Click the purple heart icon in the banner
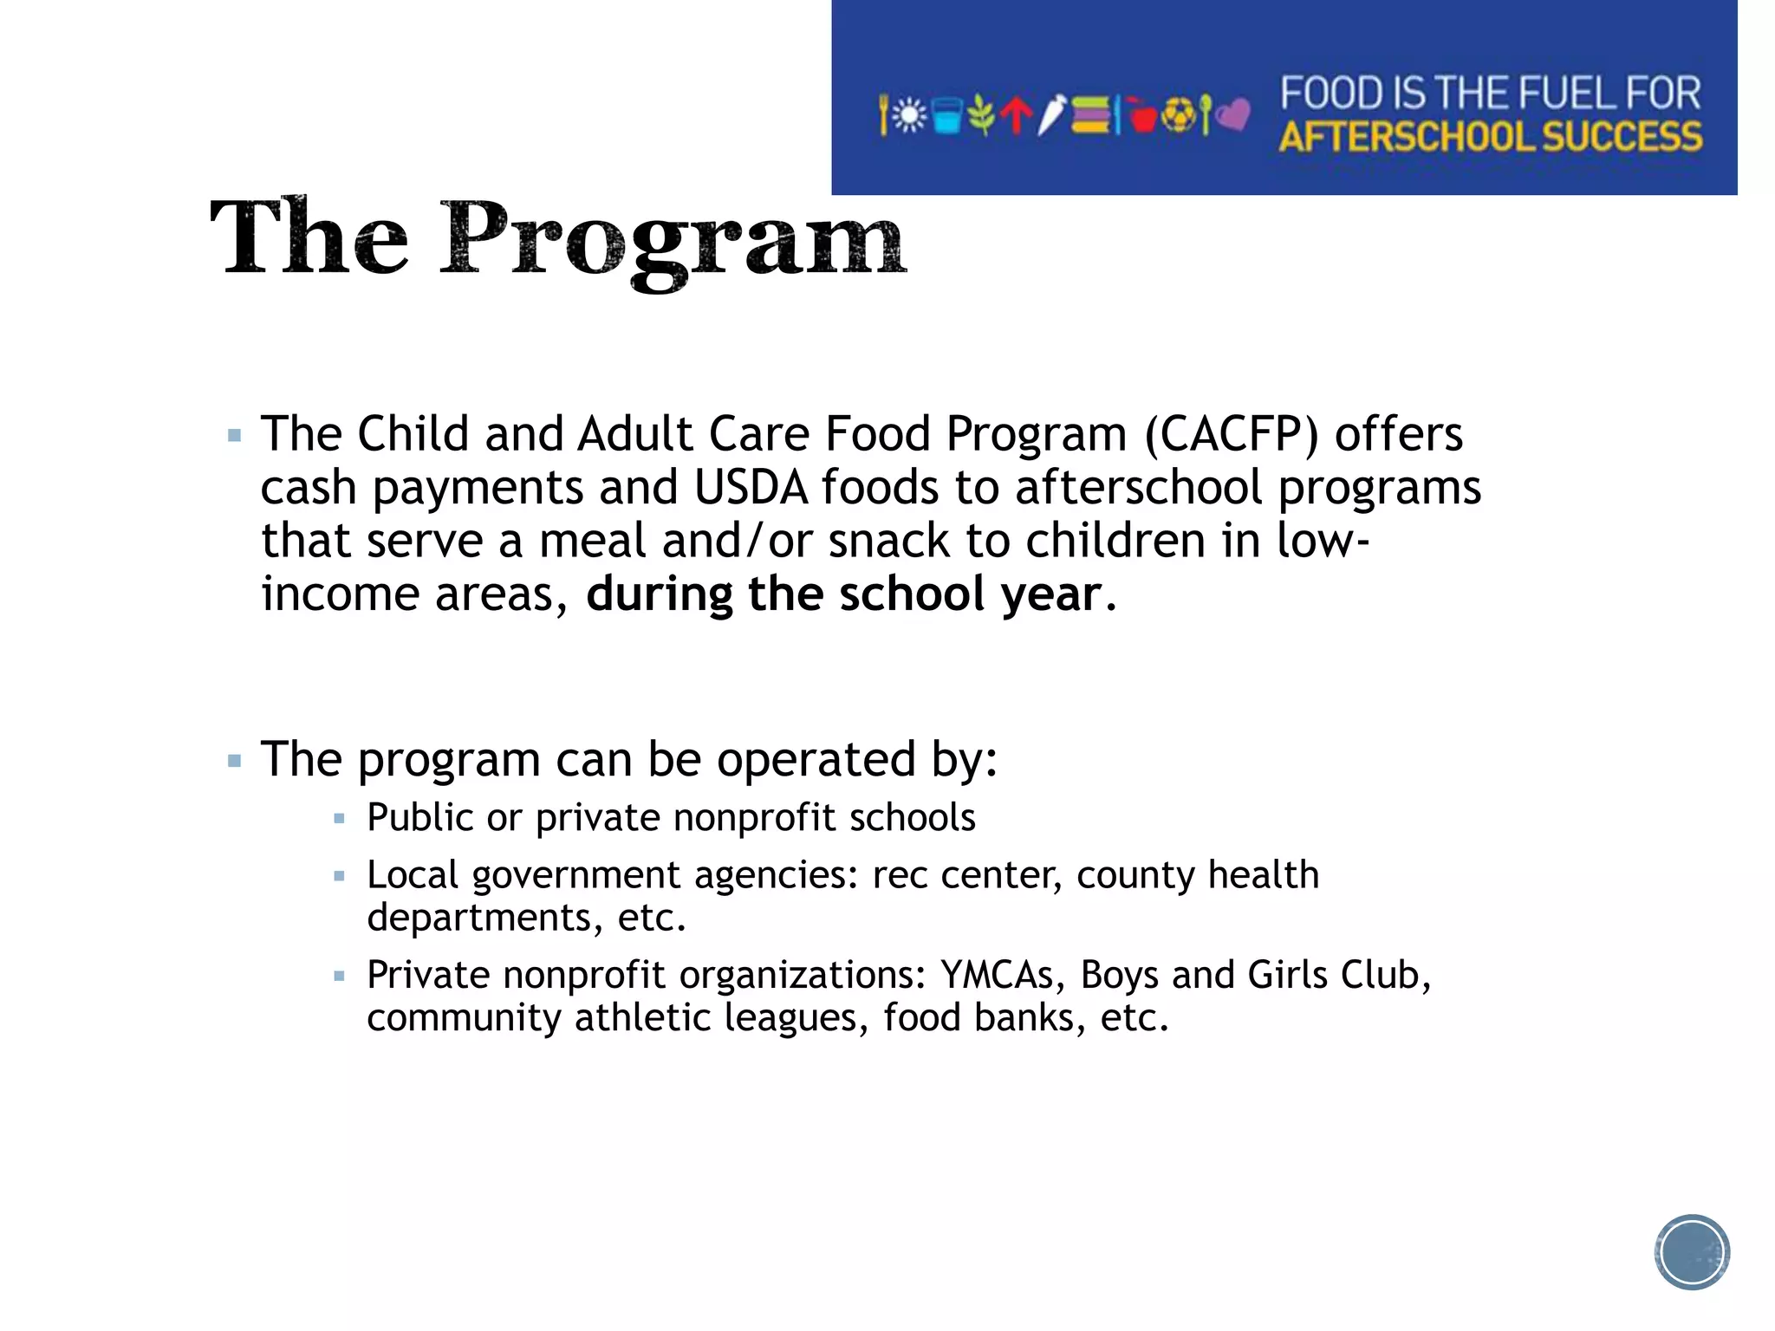(1233, 114)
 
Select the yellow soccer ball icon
(1178, 115)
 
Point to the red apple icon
(1143, 116)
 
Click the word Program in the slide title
(673, 238)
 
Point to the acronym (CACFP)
(1232, 433)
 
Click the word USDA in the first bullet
(751, 487)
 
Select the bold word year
(1050, 594)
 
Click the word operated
(816, 759)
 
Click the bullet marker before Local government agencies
(339, 876)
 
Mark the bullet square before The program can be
(234, 761)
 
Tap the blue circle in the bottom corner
(1691, 1252)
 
